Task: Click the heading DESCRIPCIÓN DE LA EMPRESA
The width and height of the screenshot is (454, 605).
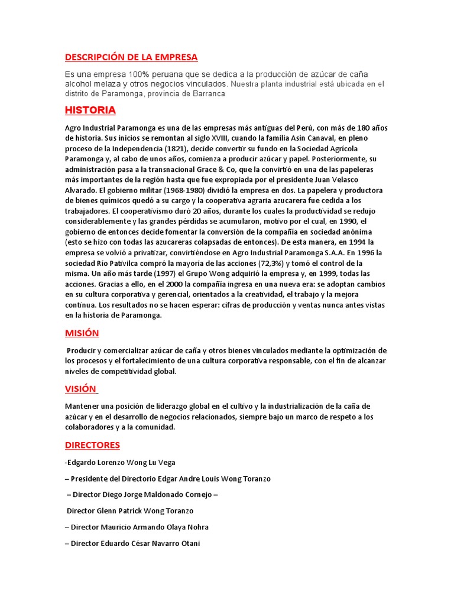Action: pyautogui.click(x=131, y=57)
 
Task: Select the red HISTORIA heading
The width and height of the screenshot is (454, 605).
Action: pyautogui.click(x=90, y=110)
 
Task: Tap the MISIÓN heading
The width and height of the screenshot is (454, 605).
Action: pyautogui.click(x=82, y=333)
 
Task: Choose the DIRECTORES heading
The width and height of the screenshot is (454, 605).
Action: pyautogui.click(x=92, y=444)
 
